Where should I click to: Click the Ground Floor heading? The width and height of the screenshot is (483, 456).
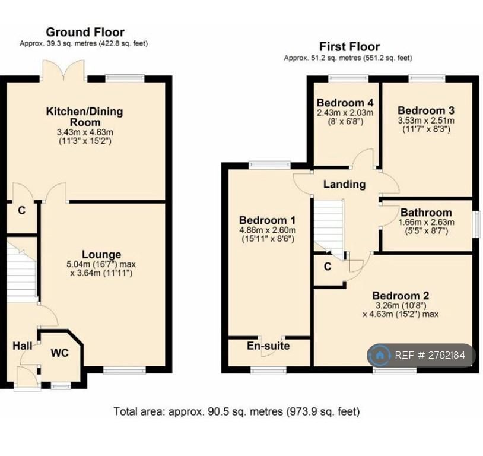pos(85,32)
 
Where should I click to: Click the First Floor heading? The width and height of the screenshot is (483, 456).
pos(349,46)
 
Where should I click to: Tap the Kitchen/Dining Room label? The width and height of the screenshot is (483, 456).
pos(84,116)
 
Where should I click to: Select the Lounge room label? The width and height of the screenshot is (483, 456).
pos(101,254)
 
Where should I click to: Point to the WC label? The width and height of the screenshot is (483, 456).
pos(60,353)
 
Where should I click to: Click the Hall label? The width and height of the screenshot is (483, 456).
pos(22,346)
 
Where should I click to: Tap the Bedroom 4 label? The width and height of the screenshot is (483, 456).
pos(345,102)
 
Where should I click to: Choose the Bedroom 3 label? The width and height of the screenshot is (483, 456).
pos(426,110)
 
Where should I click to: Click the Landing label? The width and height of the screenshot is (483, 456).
pos(344,185)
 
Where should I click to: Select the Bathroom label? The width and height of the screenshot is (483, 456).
pos(426,213)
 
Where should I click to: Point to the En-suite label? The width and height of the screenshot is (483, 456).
pos(268,346)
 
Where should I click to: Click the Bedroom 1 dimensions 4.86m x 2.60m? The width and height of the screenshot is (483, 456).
pos(268,230)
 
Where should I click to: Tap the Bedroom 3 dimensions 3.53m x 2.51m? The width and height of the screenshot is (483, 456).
pos(426,121)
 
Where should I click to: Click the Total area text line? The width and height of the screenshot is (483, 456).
pos(237,411)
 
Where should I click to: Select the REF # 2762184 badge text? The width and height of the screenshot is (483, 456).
pos(430,355)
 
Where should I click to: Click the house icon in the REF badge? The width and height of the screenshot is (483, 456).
pos(380,355)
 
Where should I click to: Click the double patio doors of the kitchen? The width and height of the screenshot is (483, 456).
pos(63,70)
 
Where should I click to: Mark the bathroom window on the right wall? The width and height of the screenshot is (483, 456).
pos(477,224)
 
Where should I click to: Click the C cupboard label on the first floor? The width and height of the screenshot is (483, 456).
pos(328,267)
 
